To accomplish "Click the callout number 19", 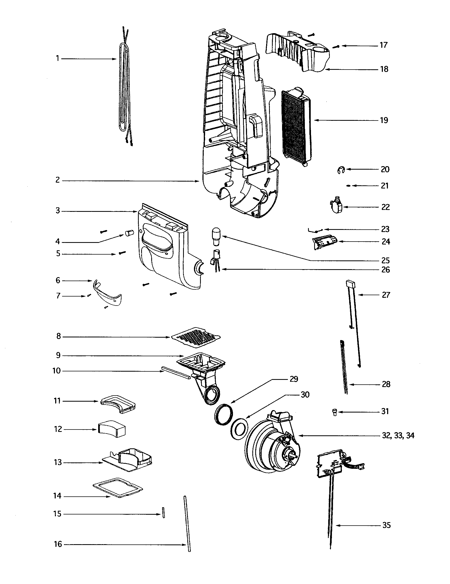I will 384,120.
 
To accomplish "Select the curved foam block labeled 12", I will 112,429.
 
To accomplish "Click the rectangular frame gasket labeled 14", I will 118,488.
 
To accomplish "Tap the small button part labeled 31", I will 334,412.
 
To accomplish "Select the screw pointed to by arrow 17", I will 336,46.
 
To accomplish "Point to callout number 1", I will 58,58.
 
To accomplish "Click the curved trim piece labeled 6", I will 107,293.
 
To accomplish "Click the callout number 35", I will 386,525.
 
